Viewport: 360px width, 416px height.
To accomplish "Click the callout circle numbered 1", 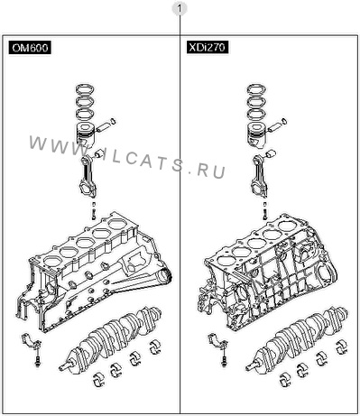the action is pyautogui.click(x=180, y=9).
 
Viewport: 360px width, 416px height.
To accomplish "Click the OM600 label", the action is pyautogui.click(x=30, y=48).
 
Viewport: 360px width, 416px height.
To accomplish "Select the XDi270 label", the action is pyautogui.click(x=208, y=47).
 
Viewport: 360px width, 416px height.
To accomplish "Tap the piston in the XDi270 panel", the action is pyautogui.click(x=256, y=134).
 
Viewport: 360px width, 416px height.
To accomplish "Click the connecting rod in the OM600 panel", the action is pyautogui.click(x=89, y=176).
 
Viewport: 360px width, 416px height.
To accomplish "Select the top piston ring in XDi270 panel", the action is pyautogui.click(x=257, y=88).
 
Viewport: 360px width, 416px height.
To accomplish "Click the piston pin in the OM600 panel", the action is pyautogui.click(x=103, y=127).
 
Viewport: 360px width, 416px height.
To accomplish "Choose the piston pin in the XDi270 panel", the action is pyautogui.click(x=274, y=127).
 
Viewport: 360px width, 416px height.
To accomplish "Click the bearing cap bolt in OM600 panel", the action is pyautogui.click(x=38, y=361).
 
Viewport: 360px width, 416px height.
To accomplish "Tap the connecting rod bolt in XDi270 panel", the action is pyautogui.click(x=264, y=210).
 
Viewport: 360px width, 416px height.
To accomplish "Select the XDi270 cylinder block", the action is pyautogui.click(x=269, y=273).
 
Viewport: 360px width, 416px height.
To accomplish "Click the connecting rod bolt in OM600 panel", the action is pyautogui.click(x=94, y=210).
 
